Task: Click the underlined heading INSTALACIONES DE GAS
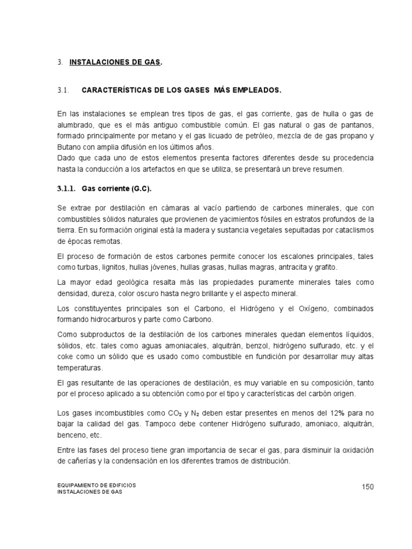coord(115,63)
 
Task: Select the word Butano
coord(68,147)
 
